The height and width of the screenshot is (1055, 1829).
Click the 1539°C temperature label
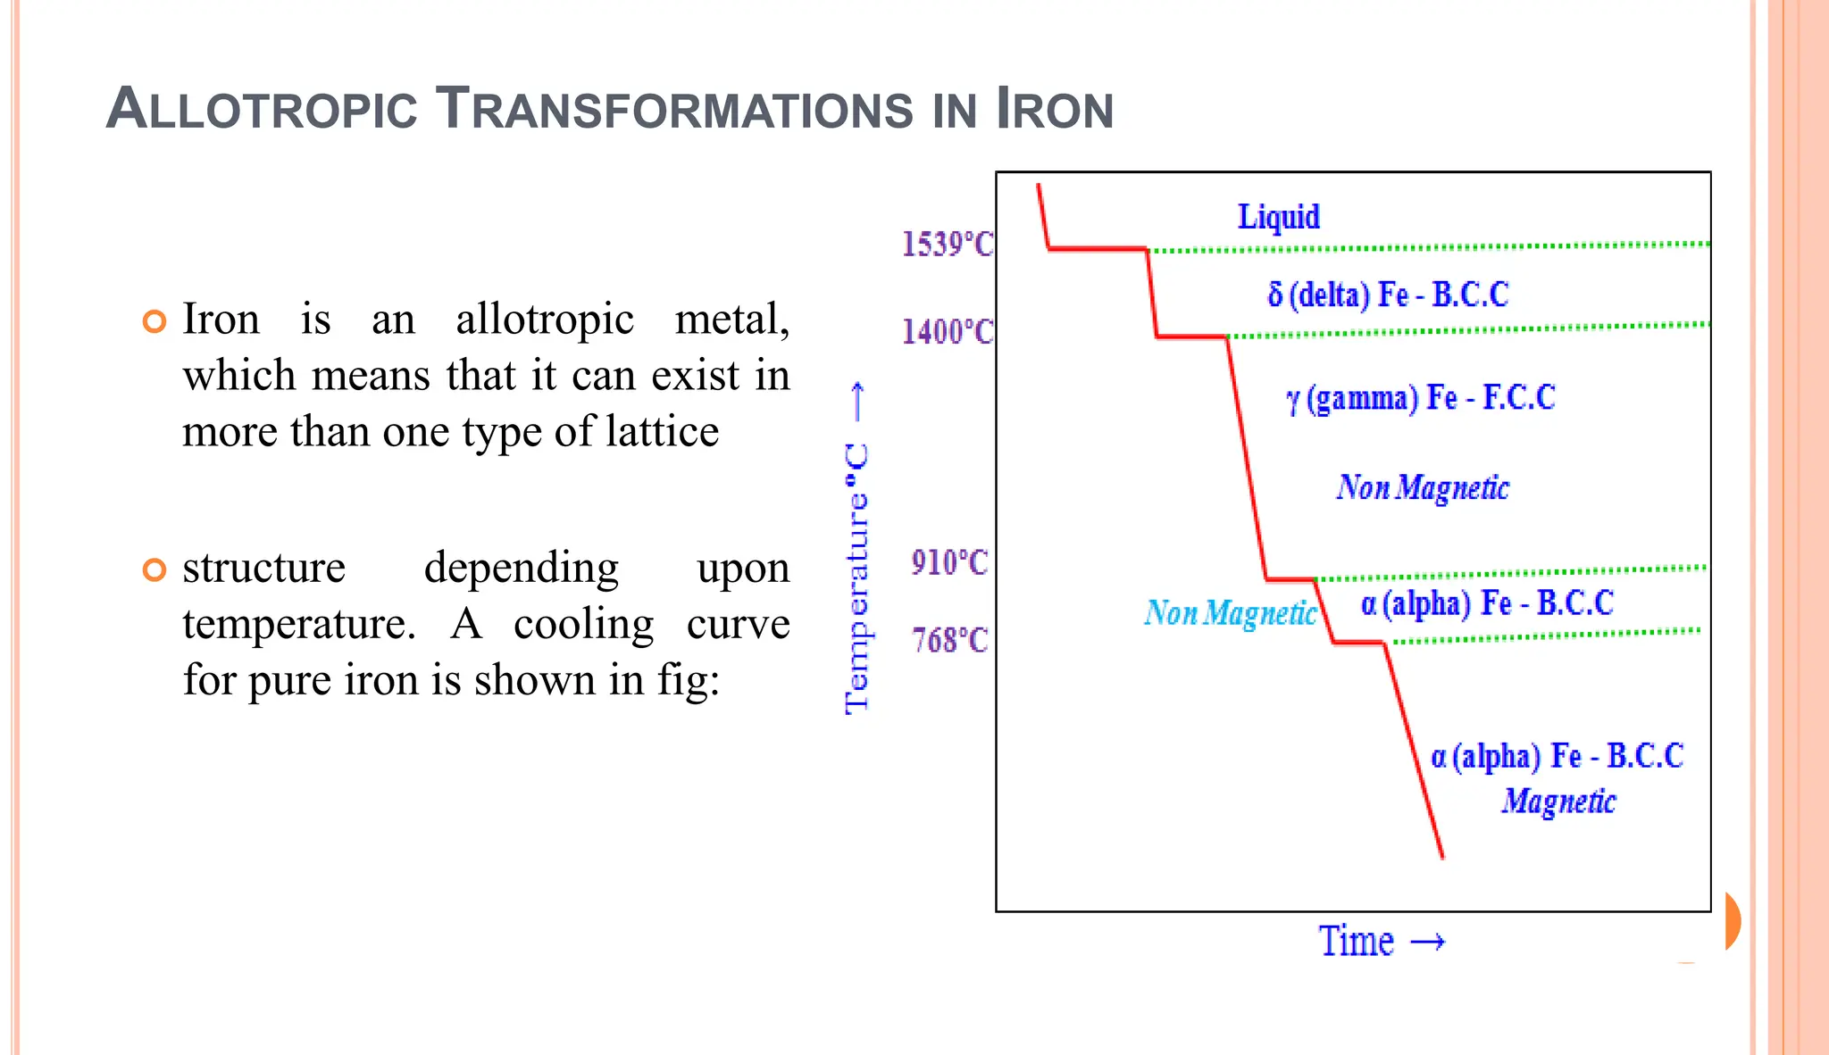click(x=947, y=244)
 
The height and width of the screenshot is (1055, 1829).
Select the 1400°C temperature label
click(x=947, y=332)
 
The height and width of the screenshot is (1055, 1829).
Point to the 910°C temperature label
click(x=949, y=563)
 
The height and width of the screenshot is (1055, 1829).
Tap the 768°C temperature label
click(x=949, y=641)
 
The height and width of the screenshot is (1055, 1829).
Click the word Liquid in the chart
click(x=1278, y=217)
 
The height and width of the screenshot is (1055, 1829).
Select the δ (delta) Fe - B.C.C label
click(x=1388, y=295)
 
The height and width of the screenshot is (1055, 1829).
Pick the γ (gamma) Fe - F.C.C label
click(x=1420, y=398)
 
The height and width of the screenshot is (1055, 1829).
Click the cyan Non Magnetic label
click(x=1230, y=613)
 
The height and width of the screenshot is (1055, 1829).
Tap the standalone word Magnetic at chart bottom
click(x=1558, y=802)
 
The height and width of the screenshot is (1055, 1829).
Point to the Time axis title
click(x=1357, y=942)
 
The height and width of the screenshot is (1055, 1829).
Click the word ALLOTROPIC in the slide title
click(x=262, y=109)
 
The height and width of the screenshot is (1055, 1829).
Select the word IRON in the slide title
click(x=1054, y=109)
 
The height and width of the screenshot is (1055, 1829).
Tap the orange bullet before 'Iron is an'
click(x=155, y=321)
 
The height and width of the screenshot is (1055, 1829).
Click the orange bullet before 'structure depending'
click(x=155, y=569)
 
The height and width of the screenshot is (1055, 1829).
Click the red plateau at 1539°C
click(x=1097, y=249)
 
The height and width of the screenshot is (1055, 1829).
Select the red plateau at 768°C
click(x=1358, y=642)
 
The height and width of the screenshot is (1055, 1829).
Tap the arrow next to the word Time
click(x=1427, y=942)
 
